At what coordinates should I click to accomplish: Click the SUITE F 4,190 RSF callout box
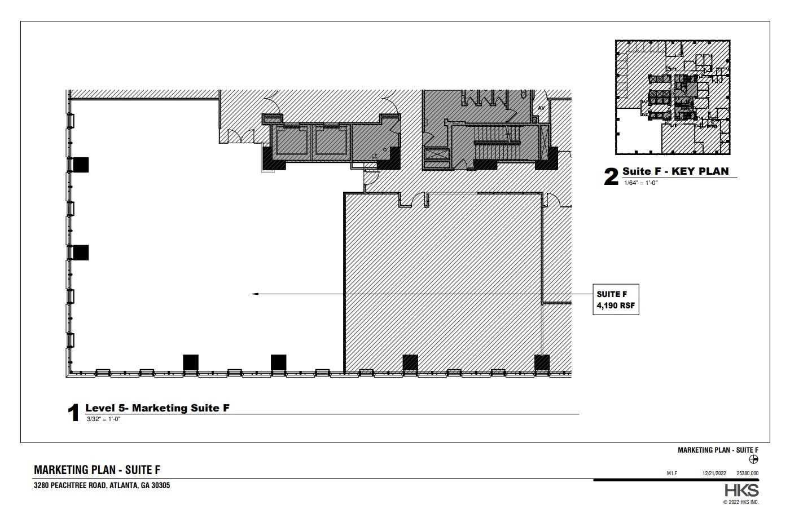[616, 299]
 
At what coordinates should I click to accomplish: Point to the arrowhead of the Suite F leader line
[255, 294]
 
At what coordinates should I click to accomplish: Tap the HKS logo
[741, 490]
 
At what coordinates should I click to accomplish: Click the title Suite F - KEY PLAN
[675, 171]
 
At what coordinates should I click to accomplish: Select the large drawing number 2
[611, 177]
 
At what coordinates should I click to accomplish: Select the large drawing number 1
[73, 413]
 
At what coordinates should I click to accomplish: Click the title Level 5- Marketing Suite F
[157, 408]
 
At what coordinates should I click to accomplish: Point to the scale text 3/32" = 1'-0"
[104, 419]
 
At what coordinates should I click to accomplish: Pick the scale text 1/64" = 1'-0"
[640, 183]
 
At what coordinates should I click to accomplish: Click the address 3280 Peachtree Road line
[102, 485]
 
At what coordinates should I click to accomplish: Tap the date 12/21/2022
[713, 474]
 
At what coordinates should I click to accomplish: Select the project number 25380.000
[747, 474]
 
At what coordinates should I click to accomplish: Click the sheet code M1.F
[671, 474]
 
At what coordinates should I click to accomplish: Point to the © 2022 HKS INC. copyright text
[741, 502]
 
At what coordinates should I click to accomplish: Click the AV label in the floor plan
[541, 108]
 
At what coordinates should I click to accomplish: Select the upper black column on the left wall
[81, 165]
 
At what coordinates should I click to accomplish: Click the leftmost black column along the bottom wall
[191, 362]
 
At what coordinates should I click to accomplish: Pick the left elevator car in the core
[292, 141]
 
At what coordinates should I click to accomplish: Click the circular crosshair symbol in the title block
[753, 459]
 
